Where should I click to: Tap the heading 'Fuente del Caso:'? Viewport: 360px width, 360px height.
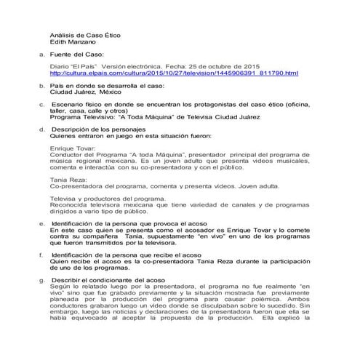click(77, 55)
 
